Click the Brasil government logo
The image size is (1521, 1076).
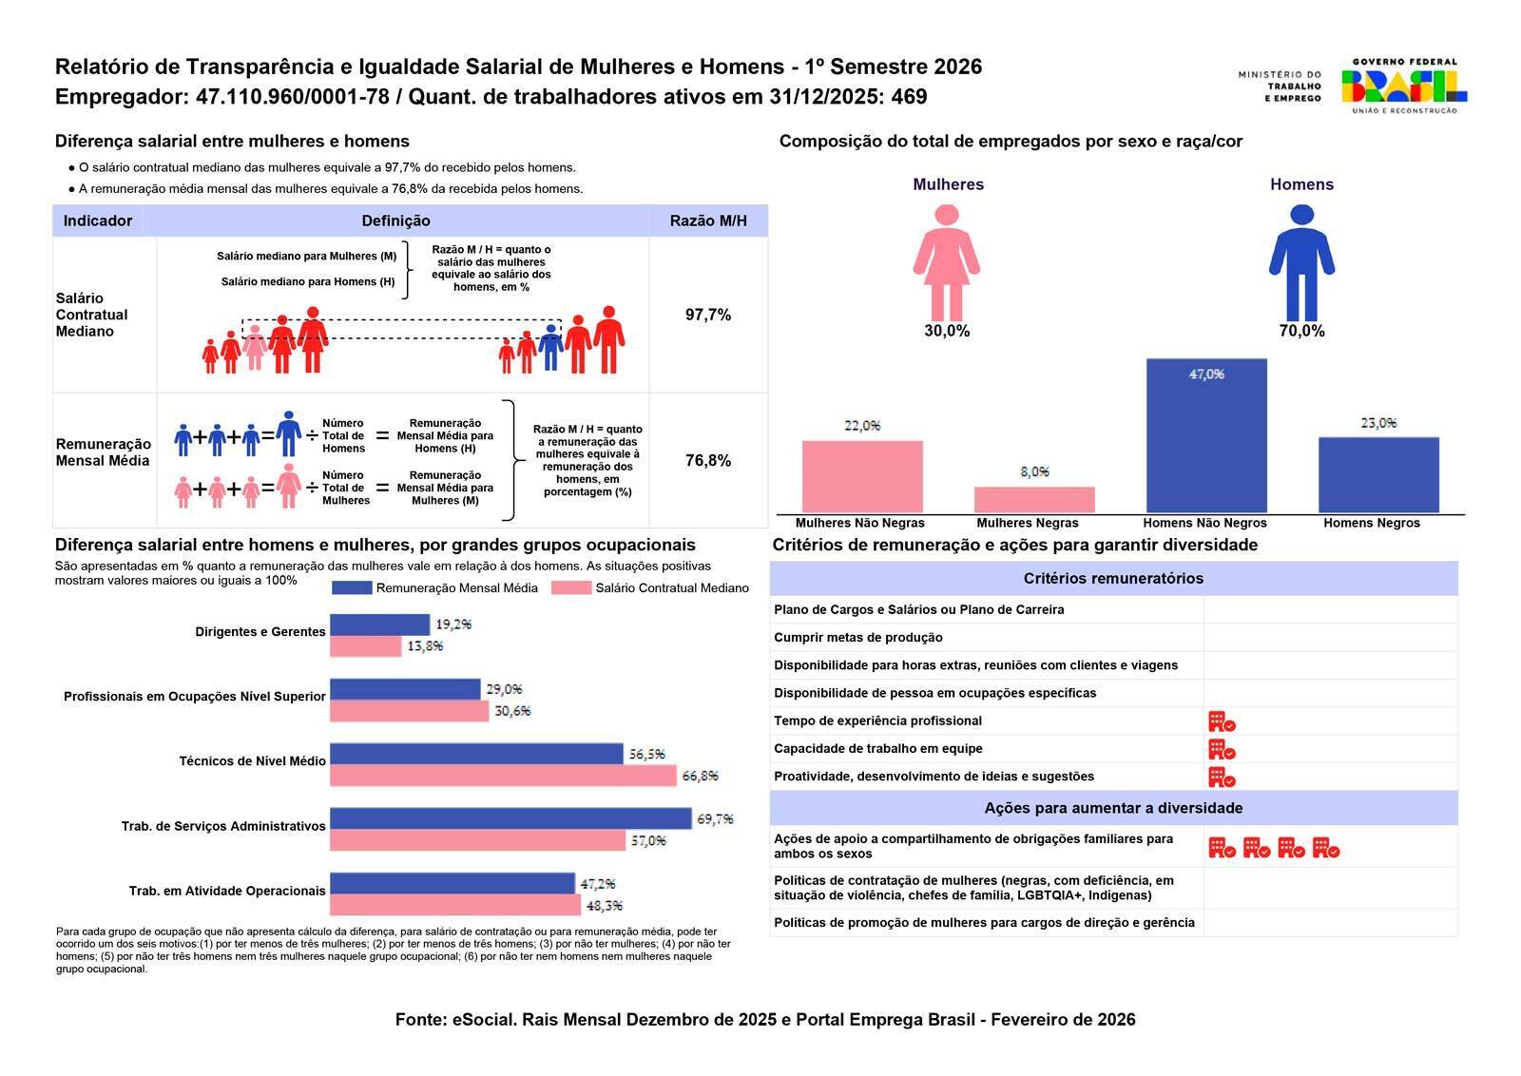coord(1403,85)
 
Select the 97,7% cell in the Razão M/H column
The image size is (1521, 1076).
coord(708,315)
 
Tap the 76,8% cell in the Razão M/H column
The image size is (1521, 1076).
coord(708,461)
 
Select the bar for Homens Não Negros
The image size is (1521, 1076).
coord(1206,436)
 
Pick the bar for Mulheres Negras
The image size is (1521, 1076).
coord(1034,500)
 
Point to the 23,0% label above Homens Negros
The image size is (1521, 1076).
coord(1378,423)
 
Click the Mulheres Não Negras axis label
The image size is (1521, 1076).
coord(859,523)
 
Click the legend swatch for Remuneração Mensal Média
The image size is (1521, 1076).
coord(352,588)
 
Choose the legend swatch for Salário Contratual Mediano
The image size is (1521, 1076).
coord(571,588)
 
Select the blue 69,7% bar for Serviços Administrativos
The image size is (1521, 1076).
coord(510,818)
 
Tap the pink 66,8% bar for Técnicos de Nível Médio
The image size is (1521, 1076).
coord(503,776)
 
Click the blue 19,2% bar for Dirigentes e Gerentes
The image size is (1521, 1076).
coord(379,624)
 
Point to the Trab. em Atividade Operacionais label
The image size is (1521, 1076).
coord(227,892)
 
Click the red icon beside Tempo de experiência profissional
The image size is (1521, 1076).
coord(1222,721)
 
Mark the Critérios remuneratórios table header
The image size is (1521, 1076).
coord(1113,578)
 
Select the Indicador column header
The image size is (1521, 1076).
coord(98,221)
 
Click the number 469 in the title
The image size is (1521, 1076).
coord(909,97)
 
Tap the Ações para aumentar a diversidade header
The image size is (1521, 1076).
coord(1113,808)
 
